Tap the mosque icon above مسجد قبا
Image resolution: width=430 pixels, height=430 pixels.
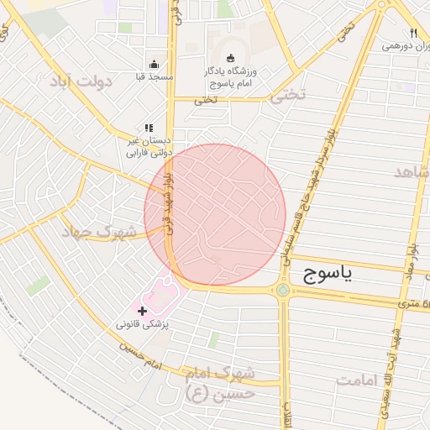[154, 64]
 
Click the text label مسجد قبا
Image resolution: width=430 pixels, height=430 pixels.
[154, 77]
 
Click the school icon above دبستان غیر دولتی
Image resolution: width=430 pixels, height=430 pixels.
[149, 128]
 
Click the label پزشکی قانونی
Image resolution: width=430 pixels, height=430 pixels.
[141, 324]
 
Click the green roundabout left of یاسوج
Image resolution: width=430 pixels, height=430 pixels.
[283, 291]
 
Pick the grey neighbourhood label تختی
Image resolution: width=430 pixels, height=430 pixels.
[284, 96]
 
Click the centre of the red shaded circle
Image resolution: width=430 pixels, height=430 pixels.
[215, 214]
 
